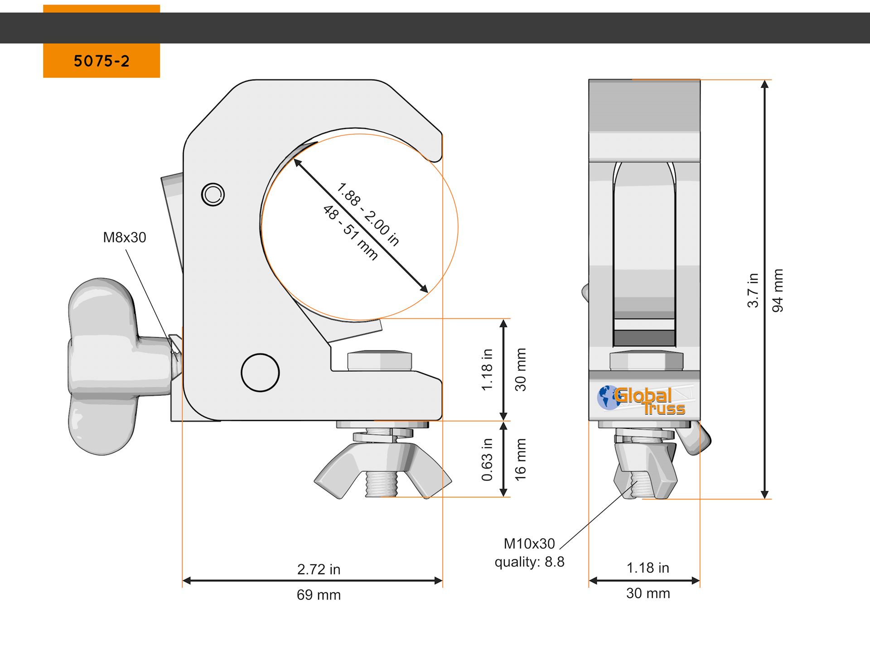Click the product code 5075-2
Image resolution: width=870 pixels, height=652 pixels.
101,61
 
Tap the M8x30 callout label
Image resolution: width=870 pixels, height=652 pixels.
125,237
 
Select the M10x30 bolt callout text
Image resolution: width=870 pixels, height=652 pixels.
529,543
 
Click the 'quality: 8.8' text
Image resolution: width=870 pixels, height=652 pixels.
529,562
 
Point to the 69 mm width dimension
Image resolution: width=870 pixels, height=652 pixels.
319,595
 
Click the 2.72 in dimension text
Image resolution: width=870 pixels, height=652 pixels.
319,570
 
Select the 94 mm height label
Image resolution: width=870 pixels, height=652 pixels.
778,291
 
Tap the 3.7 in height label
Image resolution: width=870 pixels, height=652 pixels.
753,291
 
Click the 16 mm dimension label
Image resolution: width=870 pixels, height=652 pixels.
520,459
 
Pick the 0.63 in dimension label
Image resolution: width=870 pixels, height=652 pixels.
487,459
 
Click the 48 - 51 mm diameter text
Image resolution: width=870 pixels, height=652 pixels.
350,233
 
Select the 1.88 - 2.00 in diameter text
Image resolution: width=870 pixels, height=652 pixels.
368,214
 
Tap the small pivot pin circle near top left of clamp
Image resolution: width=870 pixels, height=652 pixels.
213,195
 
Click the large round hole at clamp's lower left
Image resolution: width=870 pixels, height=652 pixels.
260,373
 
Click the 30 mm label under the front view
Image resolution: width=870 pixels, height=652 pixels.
648,593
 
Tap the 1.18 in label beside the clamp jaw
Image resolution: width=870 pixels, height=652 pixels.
487,369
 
